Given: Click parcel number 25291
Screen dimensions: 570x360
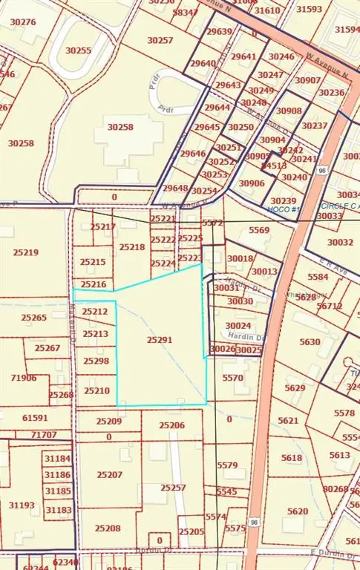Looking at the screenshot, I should tap(159, 339).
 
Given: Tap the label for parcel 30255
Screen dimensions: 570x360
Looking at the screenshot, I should tap(78, 50).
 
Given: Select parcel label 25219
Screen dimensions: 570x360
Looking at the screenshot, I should tap(25, 252).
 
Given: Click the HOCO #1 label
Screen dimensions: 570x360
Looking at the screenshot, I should tap(284, 210).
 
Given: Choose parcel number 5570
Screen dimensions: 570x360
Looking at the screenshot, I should tap(232, 378).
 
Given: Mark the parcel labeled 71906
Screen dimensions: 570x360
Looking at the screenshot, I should tap(23, 378).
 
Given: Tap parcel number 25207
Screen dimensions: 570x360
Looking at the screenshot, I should tap(109, 474).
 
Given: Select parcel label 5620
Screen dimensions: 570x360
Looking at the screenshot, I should tap(297, 511).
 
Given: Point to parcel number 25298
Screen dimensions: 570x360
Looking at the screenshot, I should tap(96, 361).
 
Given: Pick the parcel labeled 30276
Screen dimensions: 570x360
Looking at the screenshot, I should tap(23, 22).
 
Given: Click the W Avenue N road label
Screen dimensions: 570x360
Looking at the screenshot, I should tap(328, 73).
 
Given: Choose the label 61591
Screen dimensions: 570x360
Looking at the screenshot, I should tap(35, 418).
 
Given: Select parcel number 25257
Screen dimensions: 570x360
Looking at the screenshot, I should tap(173, 488).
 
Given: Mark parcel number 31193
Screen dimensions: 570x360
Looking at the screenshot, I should tap(22, 505).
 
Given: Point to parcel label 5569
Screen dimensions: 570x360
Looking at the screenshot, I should tap(259, 230).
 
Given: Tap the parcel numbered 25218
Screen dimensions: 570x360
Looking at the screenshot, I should tap(132, 247).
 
